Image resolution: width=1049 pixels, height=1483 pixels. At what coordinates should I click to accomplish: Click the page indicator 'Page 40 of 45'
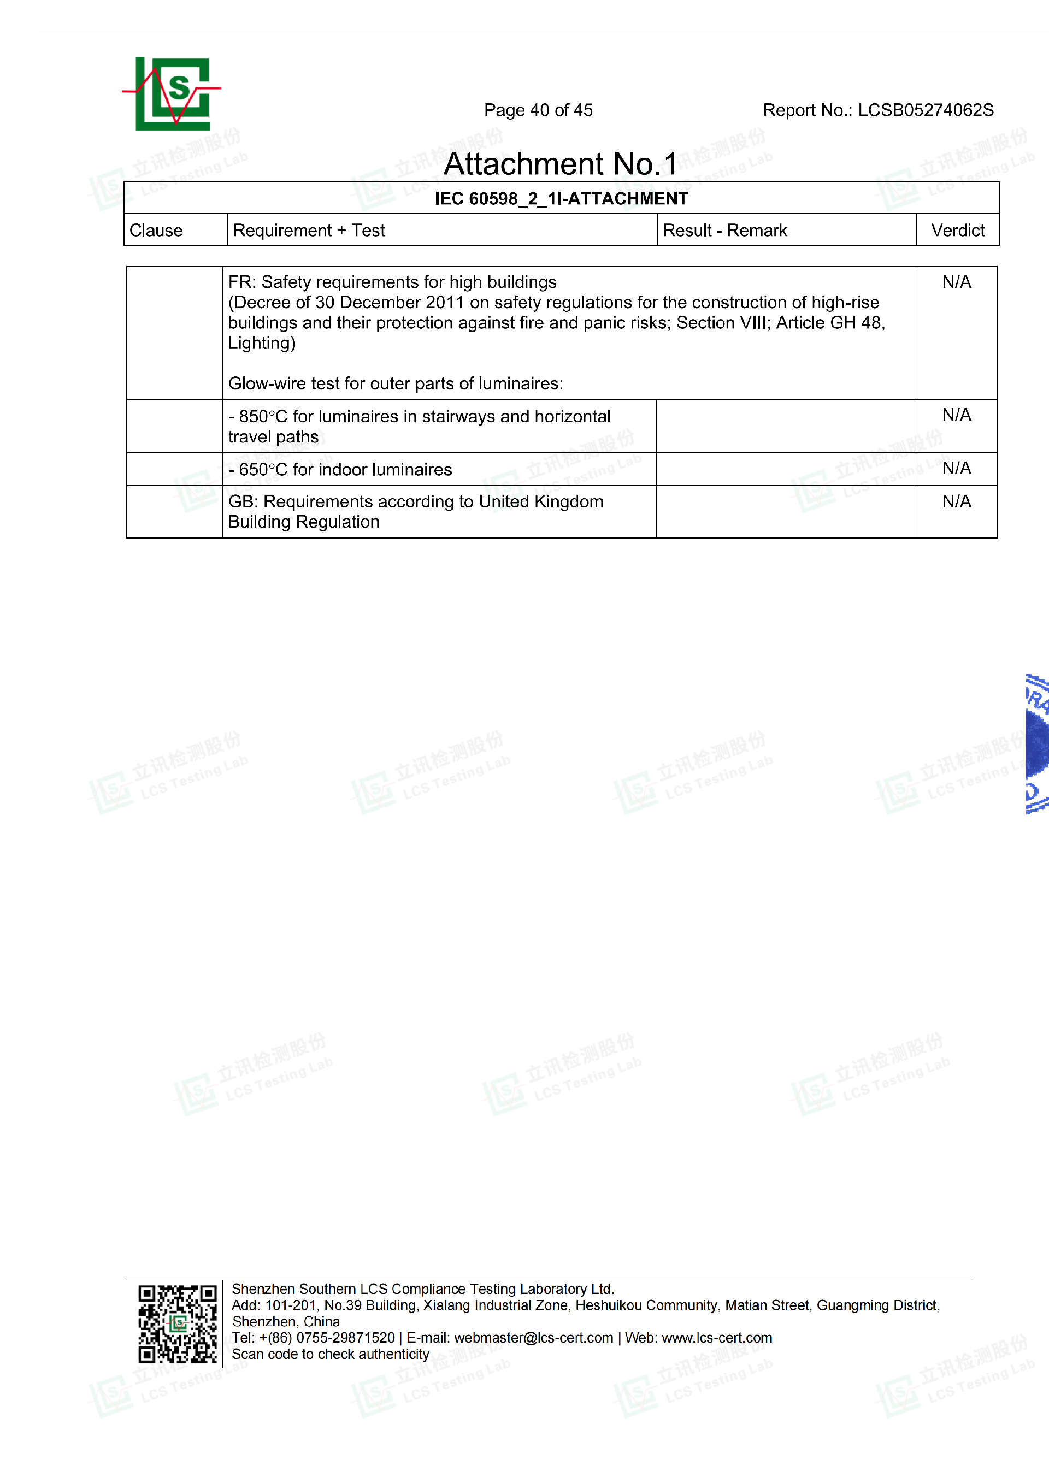tap(538, 110)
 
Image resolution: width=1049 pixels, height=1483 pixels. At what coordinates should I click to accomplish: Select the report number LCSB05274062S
tap(925, 110)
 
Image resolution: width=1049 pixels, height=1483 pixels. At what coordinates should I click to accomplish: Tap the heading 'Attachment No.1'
tap(560, 164)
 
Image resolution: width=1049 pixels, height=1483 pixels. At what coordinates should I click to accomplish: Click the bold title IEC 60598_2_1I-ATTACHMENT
tap(561, 199)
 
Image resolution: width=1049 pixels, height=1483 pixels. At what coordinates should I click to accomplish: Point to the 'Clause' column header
tap(156, 231)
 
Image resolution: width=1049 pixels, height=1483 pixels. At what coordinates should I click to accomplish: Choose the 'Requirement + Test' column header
tap(309, 231)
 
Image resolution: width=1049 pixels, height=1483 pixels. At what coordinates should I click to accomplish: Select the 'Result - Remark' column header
tap(725, 231)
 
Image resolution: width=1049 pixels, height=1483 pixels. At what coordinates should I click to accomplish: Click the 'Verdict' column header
tap(957, 231)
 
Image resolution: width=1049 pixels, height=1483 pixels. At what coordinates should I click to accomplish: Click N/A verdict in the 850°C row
tap(956, 415)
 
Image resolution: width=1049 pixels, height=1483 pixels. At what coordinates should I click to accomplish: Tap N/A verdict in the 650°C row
tap(956, 468)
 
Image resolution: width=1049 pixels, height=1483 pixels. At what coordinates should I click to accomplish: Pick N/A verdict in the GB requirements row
tap(956, 502)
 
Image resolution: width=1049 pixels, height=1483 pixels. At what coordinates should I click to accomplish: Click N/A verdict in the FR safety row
tap(956, 282)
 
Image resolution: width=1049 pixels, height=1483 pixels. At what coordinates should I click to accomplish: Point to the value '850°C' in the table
tap(263, 417)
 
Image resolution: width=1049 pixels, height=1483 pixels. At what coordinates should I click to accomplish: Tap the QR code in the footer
tap(178, 1324)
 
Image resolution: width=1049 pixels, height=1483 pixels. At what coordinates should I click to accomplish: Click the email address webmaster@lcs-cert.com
tap(534, 1338)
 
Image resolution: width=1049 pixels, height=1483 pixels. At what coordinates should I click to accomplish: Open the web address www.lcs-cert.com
tap(716, 1338)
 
